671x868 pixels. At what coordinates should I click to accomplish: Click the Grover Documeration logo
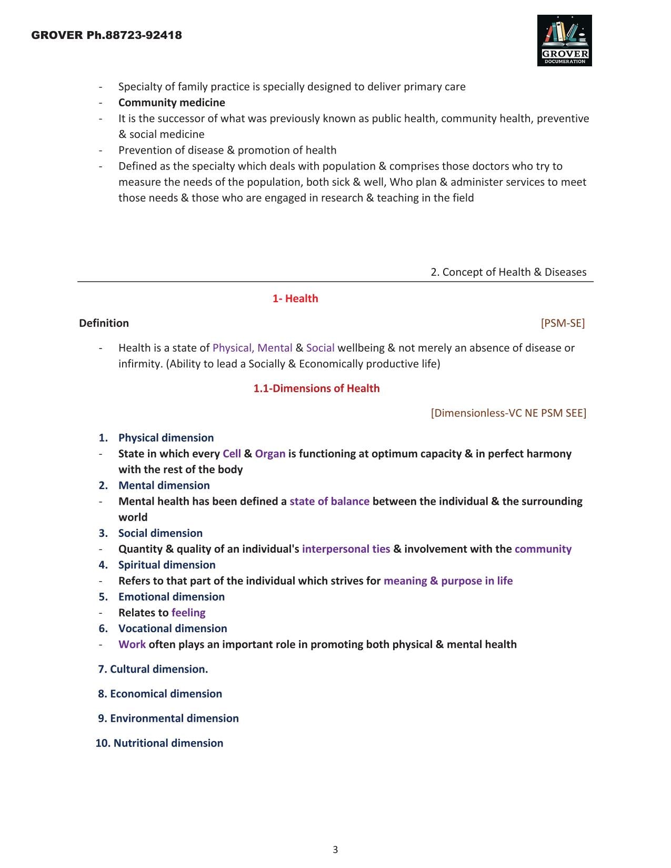pyautogui.click(x=564, y=41)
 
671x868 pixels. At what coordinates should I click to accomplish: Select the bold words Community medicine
pyautogui.click(x=172, y=103)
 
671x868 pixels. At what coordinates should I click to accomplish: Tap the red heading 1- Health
pyautogui.click(x=295, y=298)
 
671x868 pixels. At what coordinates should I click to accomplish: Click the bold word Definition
pyautogui.click(x=104, y=323)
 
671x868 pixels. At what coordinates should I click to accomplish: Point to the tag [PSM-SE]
pyautogui.click(x=563, y=323)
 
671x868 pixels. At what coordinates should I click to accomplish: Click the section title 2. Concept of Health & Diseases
pyautogui.click(x=508, y=272)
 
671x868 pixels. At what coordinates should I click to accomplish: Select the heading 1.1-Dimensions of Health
pyautogui.click(x=316, y=388)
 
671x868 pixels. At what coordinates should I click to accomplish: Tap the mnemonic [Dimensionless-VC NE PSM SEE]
pyautogui.click(x=508, y=413)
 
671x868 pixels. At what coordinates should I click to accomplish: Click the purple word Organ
pyautogui.click(x=270, y=454)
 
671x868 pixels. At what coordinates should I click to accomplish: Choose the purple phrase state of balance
pyautogui.click(x=329, y=501)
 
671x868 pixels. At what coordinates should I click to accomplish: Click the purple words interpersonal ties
pyautogui.click(x=346, y=549)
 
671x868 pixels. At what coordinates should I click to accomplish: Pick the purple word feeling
pyautogui.click(x=188, y=613)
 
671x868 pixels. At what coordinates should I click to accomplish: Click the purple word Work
pyautogui.click(x=132, y=644)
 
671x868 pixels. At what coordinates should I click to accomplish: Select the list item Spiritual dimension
pyautogui.click(x=167, y=565)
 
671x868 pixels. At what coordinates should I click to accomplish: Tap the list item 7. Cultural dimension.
pyautogui.click(x=153, y=669)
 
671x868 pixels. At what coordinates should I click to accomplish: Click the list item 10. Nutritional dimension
pyautogui.click(x=159, y=743)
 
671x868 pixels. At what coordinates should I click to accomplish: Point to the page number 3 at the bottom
pyautogui.click(x=335, y=850)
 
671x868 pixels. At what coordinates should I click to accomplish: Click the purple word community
pyautogui.click(x=543, y=549)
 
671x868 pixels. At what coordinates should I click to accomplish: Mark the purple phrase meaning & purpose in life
pyautogui.click(x=448, y=581)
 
